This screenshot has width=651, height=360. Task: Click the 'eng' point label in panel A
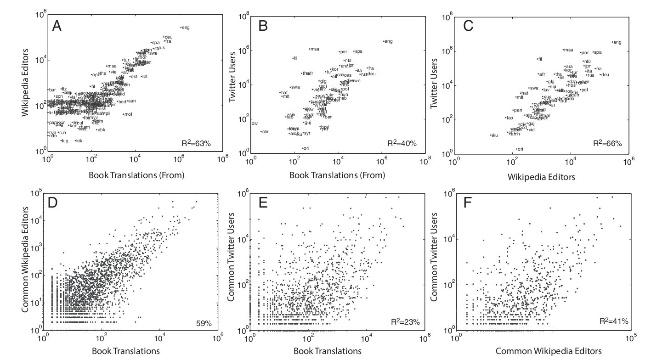(x=186, y=28)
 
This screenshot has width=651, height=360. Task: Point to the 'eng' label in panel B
(x=389, y=41)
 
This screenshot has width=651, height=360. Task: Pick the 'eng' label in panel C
(x=617, y=42)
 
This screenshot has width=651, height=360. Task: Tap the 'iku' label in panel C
(x=495, y=135)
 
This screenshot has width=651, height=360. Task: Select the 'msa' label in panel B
(x=315, y=49)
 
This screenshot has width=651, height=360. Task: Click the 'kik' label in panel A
(x=79, y=141)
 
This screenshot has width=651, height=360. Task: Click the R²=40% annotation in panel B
(x=402, y=144)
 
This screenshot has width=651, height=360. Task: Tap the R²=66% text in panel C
(x=607, y=144)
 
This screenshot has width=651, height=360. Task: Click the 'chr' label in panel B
(x=265, y=132)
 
